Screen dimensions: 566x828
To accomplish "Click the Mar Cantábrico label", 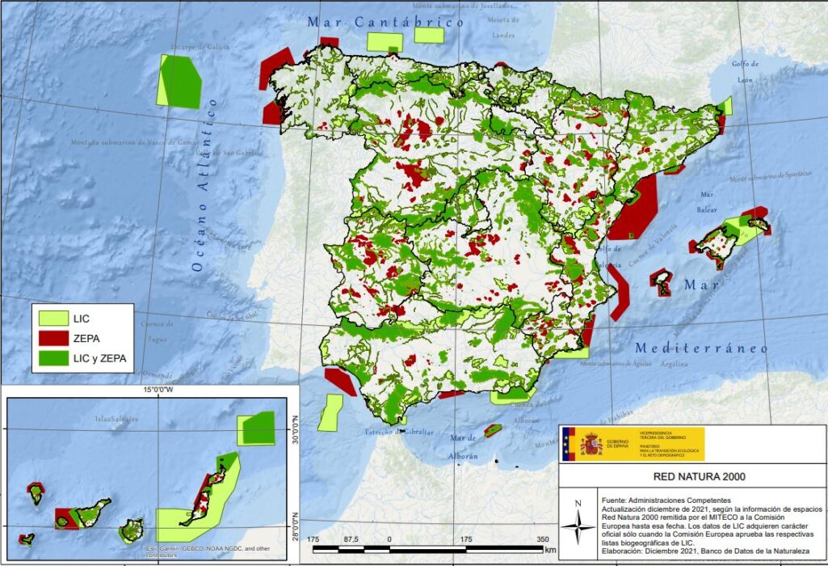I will (385, 22).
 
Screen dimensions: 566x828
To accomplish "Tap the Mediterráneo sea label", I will (700, 348).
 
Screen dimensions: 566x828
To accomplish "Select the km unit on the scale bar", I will (550, 551).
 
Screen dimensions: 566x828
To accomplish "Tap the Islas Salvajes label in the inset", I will (116, 419).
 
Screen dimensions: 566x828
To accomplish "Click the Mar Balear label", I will (708, 202).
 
